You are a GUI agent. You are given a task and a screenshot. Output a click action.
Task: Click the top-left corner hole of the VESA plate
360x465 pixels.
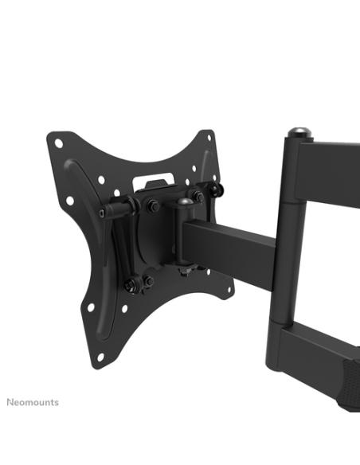[59, 144]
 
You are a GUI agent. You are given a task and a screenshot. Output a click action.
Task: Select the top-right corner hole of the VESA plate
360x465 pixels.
[209, 137]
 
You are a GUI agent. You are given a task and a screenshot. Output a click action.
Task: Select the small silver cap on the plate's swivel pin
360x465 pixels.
[184, 202]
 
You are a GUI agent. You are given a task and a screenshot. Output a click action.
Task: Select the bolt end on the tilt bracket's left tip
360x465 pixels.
[104, 213]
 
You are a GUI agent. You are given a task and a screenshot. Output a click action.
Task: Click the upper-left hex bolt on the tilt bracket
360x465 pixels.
[154, 205]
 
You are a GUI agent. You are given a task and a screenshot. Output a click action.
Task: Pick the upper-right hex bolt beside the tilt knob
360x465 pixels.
[196, 196]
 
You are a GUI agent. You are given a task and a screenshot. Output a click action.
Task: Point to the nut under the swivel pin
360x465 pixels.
[182, 274]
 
